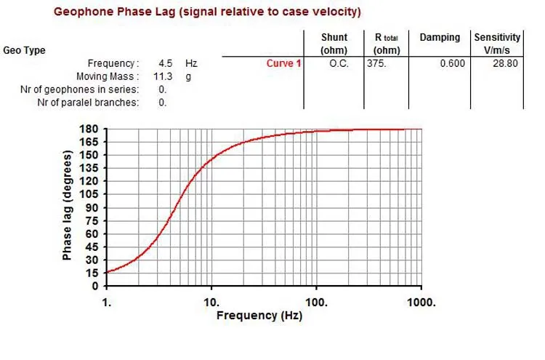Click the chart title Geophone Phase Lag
point(207,12)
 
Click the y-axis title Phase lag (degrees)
point(68,206)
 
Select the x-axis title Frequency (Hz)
point(259,316)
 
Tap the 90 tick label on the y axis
point(92,207)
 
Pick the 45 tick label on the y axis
point(92,247)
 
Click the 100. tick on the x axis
point(316,302)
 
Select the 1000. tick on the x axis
point(421,302)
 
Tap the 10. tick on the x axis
point(211,302)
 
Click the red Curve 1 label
point(283,63)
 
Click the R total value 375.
point(376,63)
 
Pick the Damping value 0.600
point(451,63)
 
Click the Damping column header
point(440,37)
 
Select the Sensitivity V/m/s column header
point(497,44)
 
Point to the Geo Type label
point(24,50)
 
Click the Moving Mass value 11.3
point(161,76)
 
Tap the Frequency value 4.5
point(166,63)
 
